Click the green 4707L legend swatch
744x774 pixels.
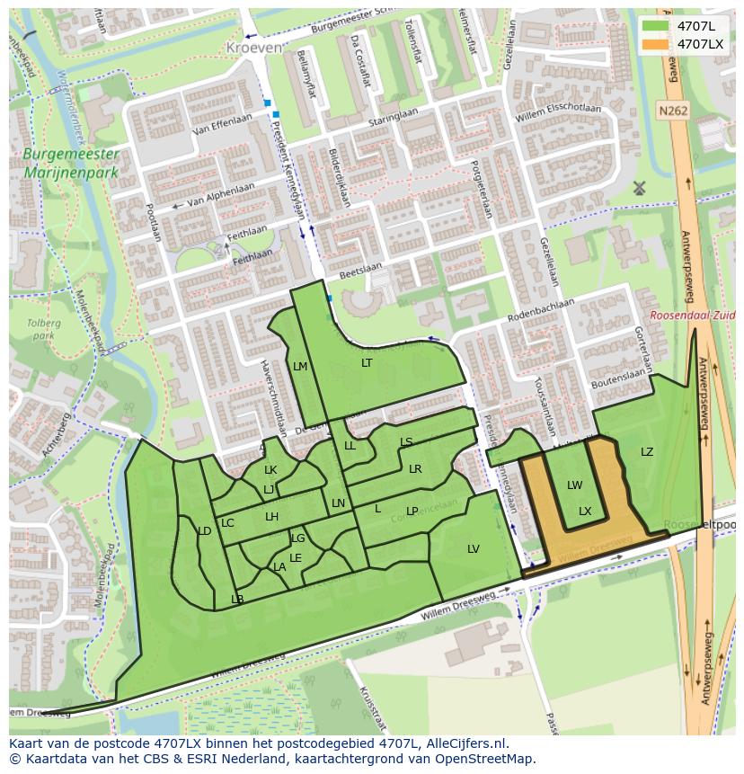point(656,26)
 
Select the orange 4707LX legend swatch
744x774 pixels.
point(656,44)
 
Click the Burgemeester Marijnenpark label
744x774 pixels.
point(71,163)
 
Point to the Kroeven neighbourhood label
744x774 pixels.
point(253,47)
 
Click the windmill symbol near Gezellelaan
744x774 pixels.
point(639,188)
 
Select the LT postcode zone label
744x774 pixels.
point(367,363)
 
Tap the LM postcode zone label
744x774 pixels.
point(300,366)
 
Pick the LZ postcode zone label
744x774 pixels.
point(647,452)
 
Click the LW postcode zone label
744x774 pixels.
point(574,485)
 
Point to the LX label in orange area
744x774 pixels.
point(585,512)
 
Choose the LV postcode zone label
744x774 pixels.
point(474,549)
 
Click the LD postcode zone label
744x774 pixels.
point(204,531)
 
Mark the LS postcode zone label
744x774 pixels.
point(406,442)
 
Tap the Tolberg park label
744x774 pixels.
point(43,329)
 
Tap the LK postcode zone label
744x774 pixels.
point(270,470)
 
